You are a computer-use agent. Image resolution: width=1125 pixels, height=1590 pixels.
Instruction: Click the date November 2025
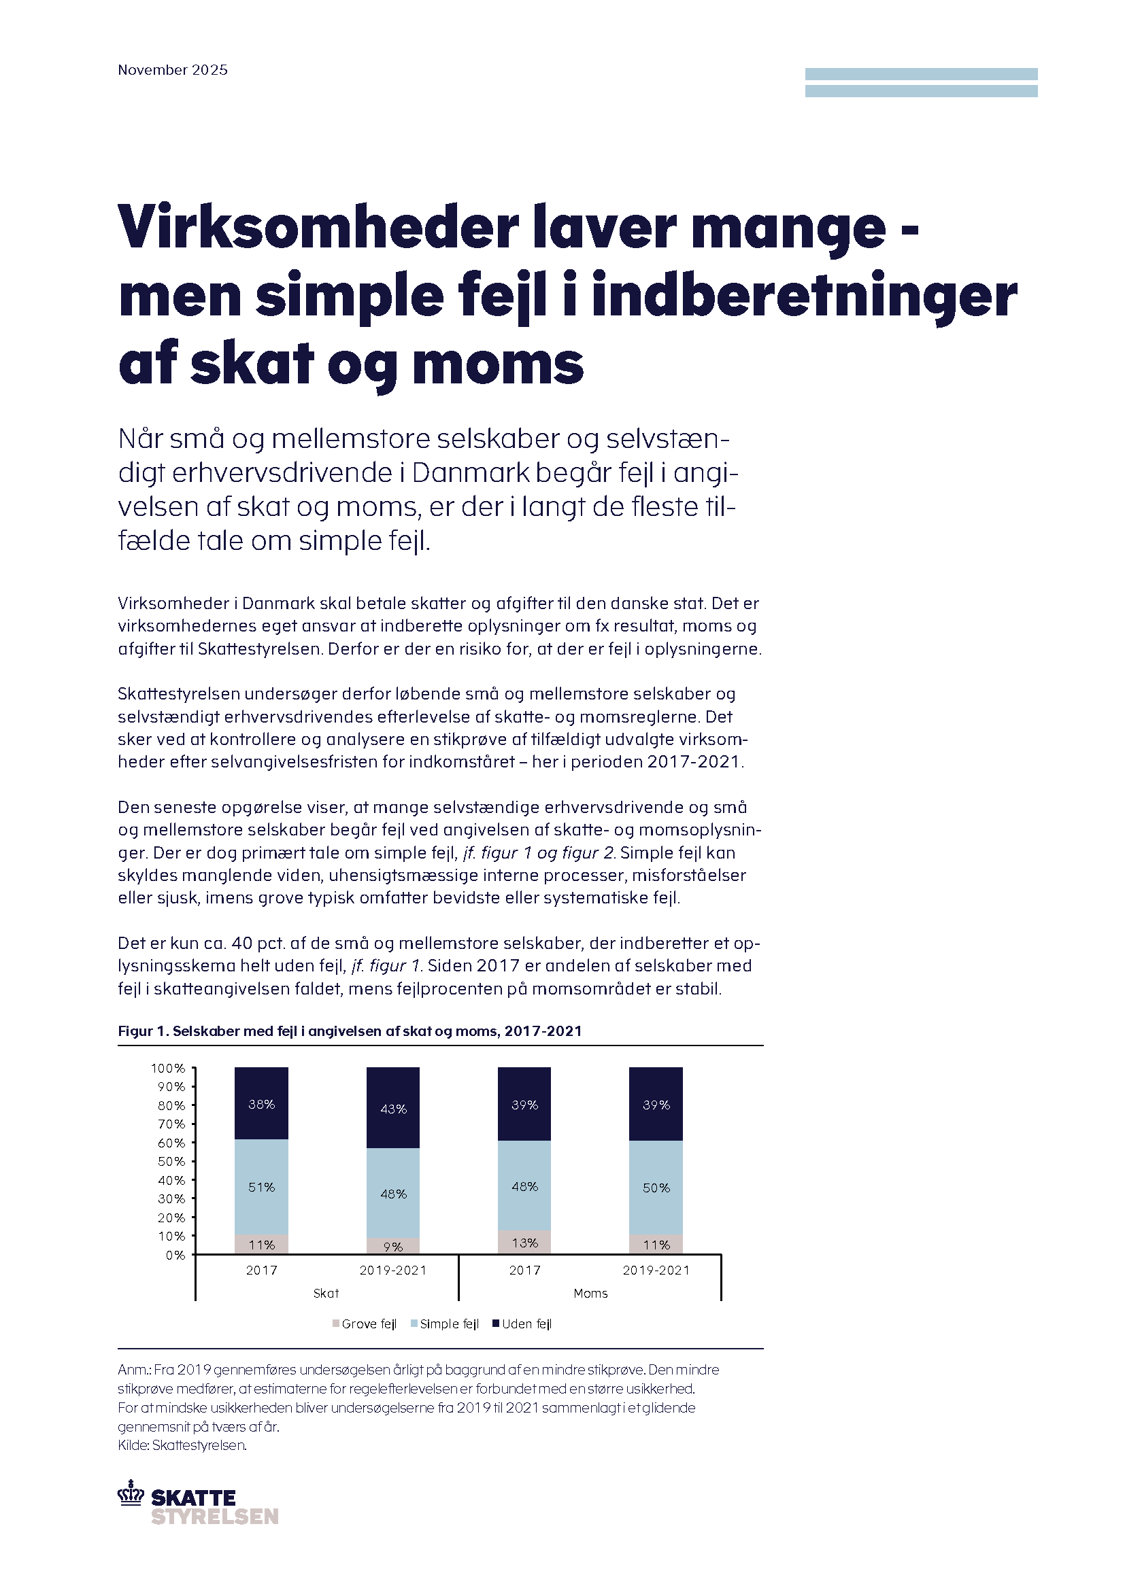[173, 70]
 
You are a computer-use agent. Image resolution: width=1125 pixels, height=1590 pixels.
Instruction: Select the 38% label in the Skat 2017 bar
[262, 1105]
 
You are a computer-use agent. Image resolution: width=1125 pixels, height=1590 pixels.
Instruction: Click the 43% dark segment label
[393, 1109]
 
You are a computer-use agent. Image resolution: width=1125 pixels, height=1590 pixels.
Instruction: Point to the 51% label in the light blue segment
[262, 1187]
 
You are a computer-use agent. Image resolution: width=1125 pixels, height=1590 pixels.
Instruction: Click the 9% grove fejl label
[393, 1247]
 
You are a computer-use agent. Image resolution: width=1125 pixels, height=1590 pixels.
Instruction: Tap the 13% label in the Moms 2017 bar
[525, 1243]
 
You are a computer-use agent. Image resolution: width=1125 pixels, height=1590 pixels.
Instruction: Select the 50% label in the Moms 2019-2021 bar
[656, 1188]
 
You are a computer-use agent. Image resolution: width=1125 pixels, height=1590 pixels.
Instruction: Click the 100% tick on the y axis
[168, 1069]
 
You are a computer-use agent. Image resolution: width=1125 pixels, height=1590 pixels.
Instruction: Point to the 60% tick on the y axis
[171, 1143]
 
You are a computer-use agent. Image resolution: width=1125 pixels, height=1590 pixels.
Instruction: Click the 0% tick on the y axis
[175, 1255]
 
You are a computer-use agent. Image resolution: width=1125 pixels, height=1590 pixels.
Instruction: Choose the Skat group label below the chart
[326, 1293]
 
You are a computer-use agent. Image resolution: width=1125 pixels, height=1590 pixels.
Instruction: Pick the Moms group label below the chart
[591, 1293]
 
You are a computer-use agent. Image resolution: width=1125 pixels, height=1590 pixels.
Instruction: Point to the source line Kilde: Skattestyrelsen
[182, 1445]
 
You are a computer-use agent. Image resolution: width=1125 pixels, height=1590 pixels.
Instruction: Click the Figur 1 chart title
[350, 1031]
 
